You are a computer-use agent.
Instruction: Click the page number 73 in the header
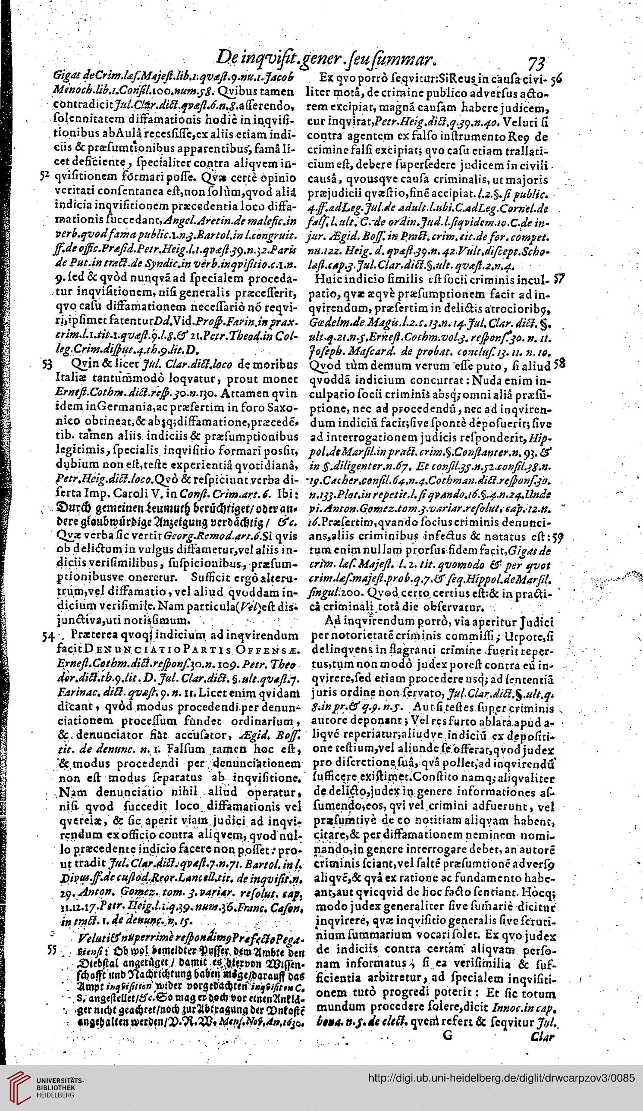tap(537, 63)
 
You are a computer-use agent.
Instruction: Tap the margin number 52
tap(44, 176)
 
